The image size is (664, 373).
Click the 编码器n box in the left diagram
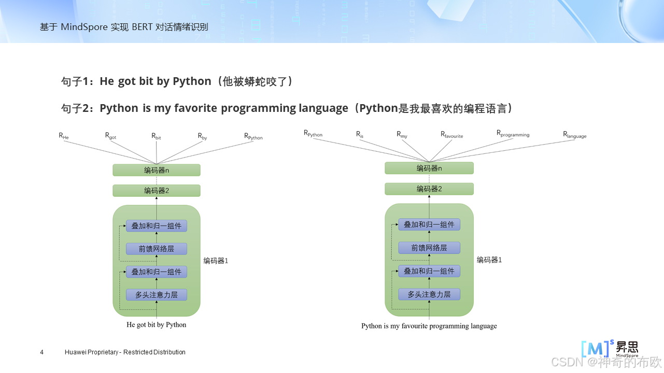click(157, 170)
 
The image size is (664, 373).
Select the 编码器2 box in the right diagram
click(429, 189)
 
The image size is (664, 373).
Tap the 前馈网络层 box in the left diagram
click(157, 249)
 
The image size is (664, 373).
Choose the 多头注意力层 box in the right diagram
click(429, 294)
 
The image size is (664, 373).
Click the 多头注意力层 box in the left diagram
click(157, 295)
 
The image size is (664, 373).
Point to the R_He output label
click(63, 136)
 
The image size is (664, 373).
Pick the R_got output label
click(110, 136)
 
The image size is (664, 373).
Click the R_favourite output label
click(451, 135)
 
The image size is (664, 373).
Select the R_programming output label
click(513, 134)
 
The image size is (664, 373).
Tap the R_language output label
click(574, 135)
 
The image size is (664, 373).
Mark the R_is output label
click(360, 135)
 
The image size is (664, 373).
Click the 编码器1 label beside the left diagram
click(216, 261)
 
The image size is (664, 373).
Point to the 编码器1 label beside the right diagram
click(489, 260)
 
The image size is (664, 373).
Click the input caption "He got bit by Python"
click(156, 325)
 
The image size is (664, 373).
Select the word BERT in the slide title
click(142, 27)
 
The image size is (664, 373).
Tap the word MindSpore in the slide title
click(84, 27)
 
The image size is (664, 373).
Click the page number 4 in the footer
click(42, 352)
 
